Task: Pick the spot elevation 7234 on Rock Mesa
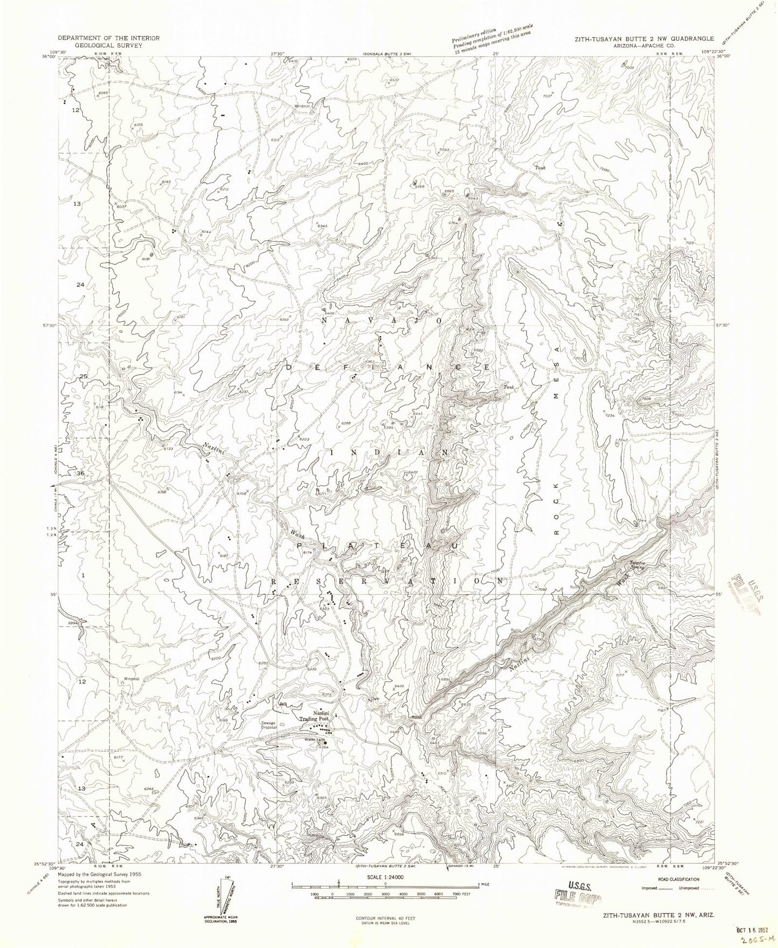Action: point(609,415)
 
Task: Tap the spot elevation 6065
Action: point(104,93)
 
